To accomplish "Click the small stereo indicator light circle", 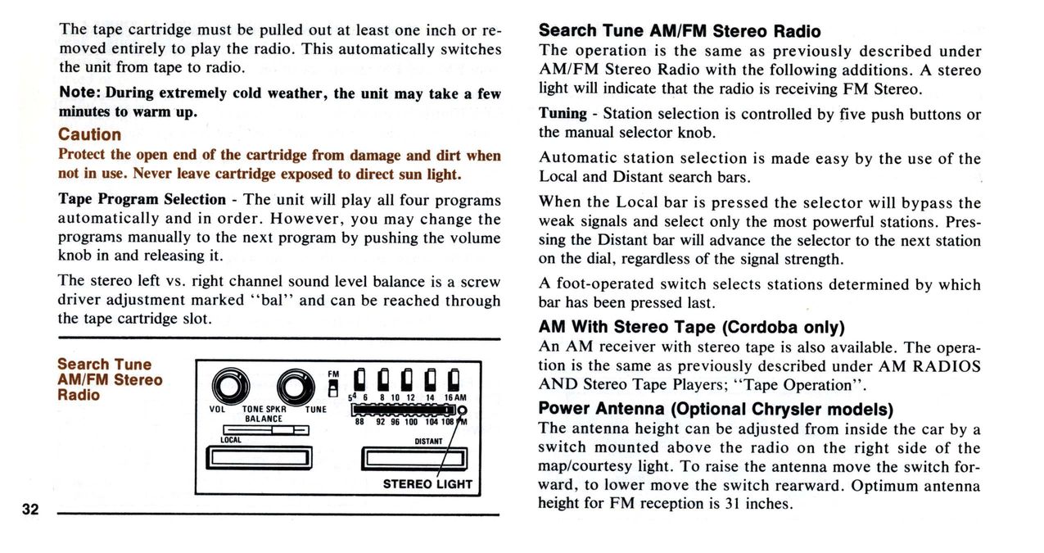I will click(x=462, y=410).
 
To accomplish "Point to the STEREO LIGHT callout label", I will click(x=427, y=483).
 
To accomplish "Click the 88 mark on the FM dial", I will click(x=359, y=422).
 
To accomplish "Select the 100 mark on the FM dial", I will click(x=411, y=422).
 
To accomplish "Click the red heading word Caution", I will click(x=89, y=134).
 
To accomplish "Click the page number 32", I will click(x=31, y=510).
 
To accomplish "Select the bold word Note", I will click(x=79, y=93).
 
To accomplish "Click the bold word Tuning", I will click(x=563, y=114).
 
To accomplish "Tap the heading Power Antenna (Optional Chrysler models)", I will click(x=715, y=408).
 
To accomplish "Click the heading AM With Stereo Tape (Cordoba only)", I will click(x=691, y=328).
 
